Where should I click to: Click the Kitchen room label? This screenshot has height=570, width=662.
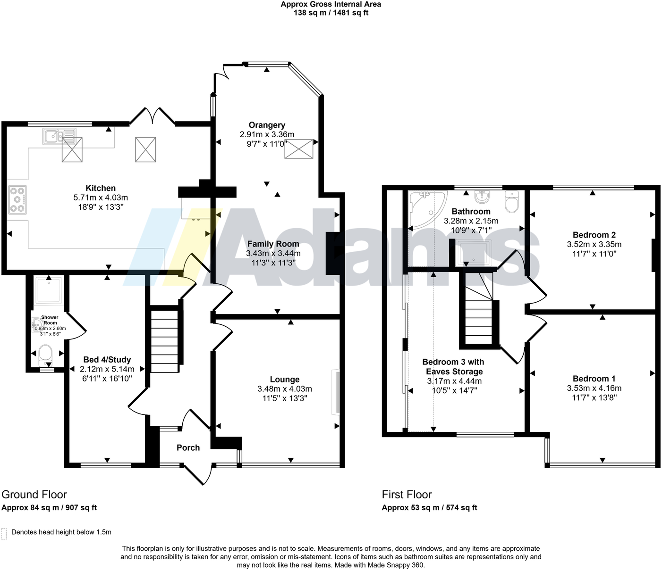[x=101, y=188]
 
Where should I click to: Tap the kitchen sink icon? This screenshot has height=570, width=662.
[x=59, y=136]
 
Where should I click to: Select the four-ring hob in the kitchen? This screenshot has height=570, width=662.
[x=17, y=200]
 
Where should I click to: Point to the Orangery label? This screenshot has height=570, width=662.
[x=267, y=125]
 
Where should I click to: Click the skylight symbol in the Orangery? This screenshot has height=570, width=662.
[x=299, y=149]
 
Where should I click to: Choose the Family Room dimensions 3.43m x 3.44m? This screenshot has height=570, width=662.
[x=273, y=253]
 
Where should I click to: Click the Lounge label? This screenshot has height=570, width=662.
[x=284, y=380]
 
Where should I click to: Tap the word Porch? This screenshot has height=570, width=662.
[x=188, y=448]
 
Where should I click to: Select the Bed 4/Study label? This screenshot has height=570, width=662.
[x=107, y=360]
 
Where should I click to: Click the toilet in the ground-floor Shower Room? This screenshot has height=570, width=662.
[x=46, y=354]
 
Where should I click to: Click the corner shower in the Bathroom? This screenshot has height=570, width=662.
[x=426, y=208]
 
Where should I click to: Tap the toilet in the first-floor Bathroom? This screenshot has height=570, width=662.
[x=511, y=201]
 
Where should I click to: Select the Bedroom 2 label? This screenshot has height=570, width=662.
[x=594, y=235]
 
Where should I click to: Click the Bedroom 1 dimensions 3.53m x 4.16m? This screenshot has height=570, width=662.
[x=594, y=388]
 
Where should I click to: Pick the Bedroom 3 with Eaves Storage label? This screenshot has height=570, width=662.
[x=453, y=366]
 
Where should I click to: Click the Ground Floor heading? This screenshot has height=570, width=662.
[x=34, y=495]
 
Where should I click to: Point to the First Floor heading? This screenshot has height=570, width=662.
[x=407, y=495]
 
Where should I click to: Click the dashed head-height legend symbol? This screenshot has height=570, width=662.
[x=4, y=533]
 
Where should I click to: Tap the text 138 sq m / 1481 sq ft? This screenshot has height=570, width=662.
[x=331, y=13]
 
